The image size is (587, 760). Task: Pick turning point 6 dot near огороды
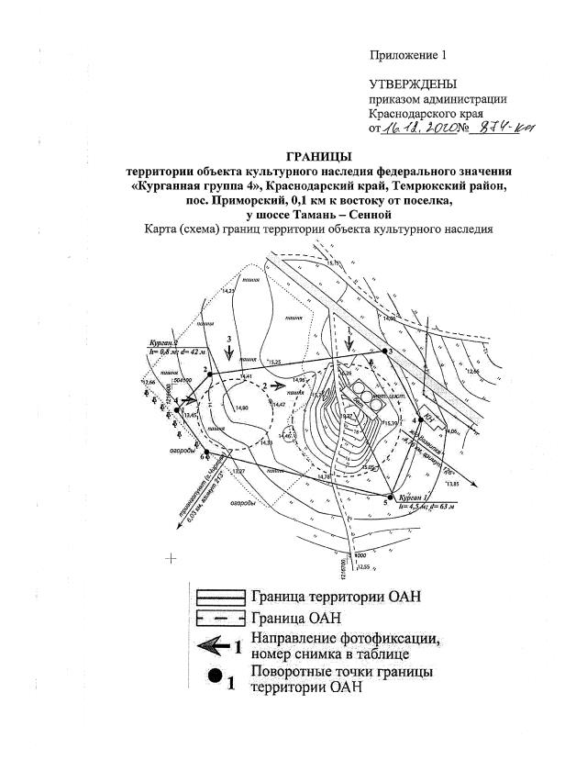(208, 455)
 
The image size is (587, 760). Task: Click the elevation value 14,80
(241, 408)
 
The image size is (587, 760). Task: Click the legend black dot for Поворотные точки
(213, 680)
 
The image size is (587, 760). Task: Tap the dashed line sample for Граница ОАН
(218, 620)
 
